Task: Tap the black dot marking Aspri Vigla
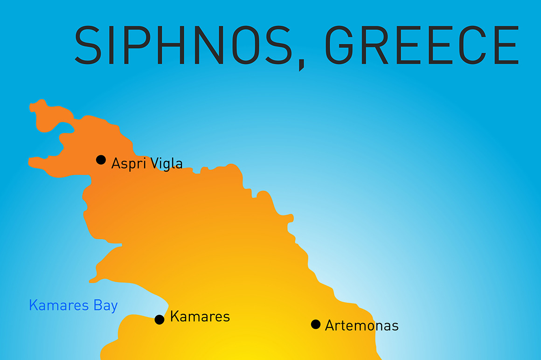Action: point(101,159)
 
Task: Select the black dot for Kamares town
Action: point(160,319)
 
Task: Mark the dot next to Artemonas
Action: point(316,324)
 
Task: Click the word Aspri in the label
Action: point(126,163)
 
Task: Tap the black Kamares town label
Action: point(200,317)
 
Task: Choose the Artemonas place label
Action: point(362,325)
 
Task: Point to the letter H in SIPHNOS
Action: point(175,45)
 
